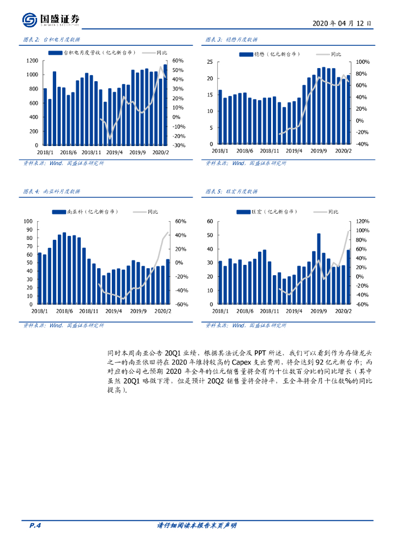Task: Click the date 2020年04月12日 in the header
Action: click(343, 24)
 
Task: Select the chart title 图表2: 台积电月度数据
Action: click(52, 40)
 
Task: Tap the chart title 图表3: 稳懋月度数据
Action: click(231, 40)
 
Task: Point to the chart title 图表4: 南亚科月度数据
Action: click(52, 192)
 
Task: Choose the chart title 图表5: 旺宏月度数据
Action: click(231, 192)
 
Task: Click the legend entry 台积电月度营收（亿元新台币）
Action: click(89, 53)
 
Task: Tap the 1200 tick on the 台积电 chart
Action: click(32, 60)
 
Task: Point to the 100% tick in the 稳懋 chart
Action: click(363, 63)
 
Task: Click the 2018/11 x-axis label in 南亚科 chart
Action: click(89, 311)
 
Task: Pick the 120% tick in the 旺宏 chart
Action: click(363, 221)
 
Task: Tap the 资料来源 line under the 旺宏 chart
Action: click(246, 325)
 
